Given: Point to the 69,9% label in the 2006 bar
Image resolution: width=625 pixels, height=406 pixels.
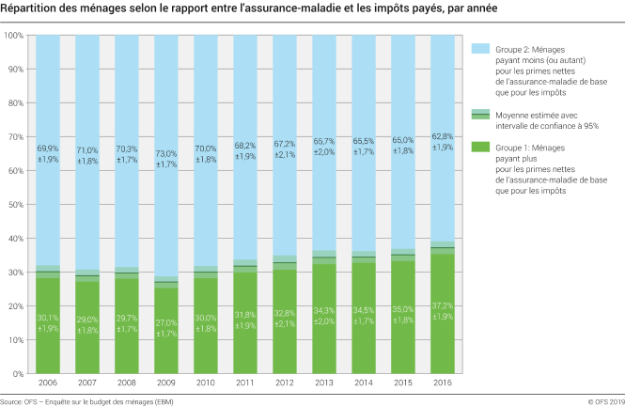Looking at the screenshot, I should click(x=47, y=148).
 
